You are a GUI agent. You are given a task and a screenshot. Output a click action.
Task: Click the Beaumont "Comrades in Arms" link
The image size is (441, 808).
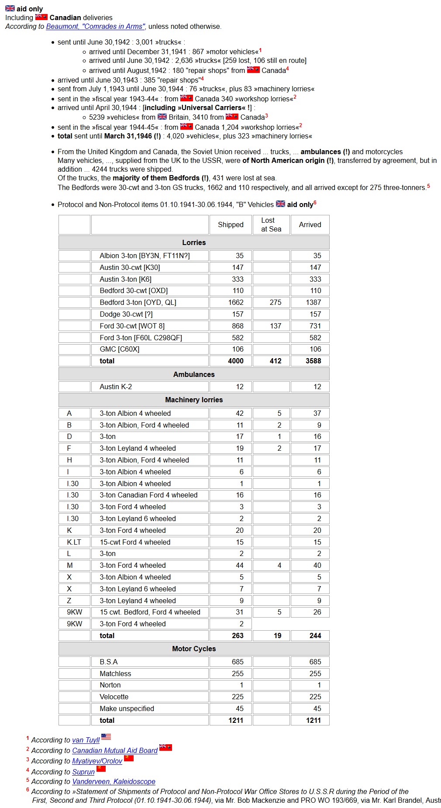click(x=95, y=27)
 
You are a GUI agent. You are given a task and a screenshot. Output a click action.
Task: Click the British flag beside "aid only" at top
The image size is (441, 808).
click(x=10, y=8)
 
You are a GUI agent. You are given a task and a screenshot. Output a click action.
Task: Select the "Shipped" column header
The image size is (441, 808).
click(x=231, y=224)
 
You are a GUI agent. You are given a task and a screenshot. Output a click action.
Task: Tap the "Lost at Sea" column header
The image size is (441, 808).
click(x=271, y=224)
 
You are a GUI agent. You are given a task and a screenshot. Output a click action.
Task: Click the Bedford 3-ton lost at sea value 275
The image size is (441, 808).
click(x=276, y=302)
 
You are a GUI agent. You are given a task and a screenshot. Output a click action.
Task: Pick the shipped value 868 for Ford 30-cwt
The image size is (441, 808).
click(x=238, y=326)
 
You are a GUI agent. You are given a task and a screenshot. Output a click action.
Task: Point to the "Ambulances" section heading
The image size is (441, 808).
click(x=194, y=374)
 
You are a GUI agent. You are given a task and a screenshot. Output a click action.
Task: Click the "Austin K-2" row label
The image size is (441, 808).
click(x=116, y=387)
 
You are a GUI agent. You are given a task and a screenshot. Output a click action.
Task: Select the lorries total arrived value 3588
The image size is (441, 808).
click(x=313, y=361)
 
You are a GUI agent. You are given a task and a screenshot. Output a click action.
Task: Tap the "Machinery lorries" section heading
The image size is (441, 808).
click(x=194, y=400)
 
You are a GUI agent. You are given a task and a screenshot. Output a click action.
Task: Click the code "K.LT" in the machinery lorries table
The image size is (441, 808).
click(x=74, y=542)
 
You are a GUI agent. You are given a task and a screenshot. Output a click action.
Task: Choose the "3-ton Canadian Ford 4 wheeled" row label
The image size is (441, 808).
click(x=148, y=495)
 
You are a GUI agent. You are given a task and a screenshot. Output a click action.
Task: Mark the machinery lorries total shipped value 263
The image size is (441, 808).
click(x=238, y=635)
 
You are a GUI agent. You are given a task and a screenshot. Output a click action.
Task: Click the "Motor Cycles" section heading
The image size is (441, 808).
click(x=194, y=649)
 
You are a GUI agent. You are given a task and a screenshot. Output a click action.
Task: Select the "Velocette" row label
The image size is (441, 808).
click(x=114, y=697)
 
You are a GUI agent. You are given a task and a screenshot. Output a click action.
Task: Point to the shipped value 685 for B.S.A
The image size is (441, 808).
click(x=238, y=662)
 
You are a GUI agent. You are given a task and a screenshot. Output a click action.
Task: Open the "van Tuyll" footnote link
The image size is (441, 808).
click(x=86, y=740)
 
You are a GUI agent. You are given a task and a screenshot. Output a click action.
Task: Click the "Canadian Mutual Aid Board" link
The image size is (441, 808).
click(x=115, y=750)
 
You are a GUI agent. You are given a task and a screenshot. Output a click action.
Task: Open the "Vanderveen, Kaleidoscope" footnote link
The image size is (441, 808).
click(x=114, y=781)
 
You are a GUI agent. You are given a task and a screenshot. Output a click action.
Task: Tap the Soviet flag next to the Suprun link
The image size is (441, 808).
click(x=101, y=768)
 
